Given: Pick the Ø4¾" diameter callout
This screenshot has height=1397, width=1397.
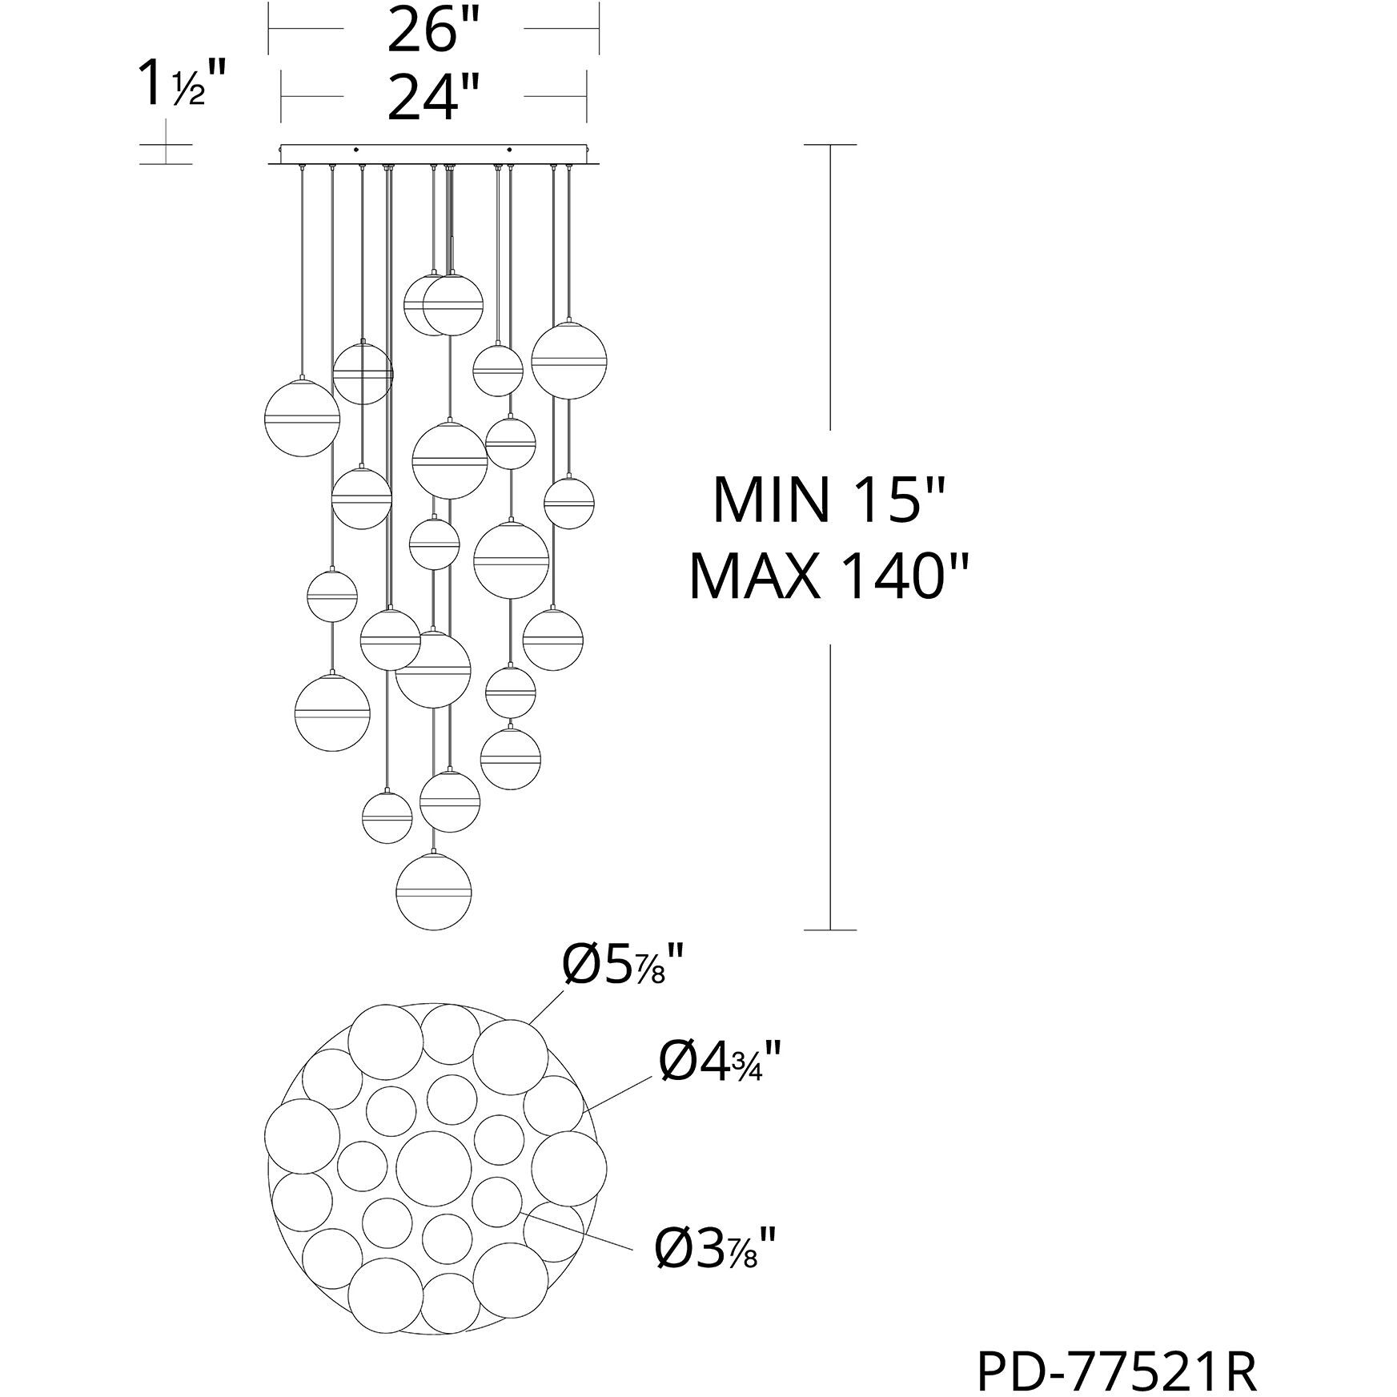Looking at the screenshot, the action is click(719, 1061).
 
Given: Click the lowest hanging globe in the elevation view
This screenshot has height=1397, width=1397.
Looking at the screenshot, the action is click(434, 892).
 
